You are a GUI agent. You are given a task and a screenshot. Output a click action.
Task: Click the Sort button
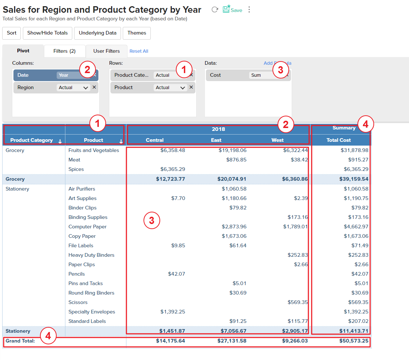pyautogui.click(x=12, y=33)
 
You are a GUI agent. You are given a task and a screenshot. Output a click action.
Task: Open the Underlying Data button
pyautogui.click(x=97, y=33)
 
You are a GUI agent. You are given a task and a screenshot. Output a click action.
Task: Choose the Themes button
pyautogui.click(x=137, y=33)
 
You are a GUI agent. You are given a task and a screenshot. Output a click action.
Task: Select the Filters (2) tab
pyautogui.click(x=64, y=51)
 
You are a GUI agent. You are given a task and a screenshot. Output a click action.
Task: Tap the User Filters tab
pyautogui.click(x=106, y=51)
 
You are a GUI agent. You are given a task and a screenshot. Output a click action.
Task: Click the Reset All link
pyautogui.click(x=139, y=51)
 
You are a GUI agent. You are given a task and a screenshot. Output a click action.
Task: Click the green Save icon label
pyautogui.click(x=236, y=10)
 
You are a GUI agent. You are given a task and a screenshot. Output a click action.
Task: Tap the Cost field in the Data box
pyautogui.click(x=216, y=75)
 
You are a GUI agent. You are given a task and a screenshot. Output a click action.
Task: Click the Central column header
pyautogui.click(x=155, y=140)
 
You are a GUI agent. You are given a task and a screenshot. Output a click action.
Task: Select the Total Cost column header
pyautogui.click(x=339, y=140)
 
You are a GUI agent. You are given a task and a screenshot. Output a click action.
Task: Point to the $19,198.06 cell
pyautogui.click(x=232, y=150)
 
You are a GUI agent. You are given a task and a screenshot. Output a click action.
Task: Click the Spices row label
pyautogui.click(x=76, y=169)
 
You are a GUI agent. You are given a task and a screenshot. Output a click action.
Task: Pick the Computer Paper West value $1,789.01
pyautogui.click(x=295, y=227)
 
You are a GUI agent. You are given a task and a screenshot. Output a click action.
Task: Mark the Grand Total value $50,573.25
pyautogui.click(x=354, y=341)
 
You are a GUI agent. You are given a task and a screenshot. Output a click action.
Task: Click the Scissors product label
pyautogui.click(x=78, y=302)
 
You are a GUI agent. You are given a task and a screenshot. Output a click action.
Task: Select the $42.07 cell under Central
pyautogui.click(x=177, y=274)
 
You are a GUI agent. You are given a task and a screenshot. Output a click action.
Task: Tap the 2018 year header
pyautogui.click(x=218, y=129)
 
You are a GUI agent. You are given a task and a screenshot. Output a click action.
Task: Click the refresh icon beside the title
pyautogui.click(x=215, y=10)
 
